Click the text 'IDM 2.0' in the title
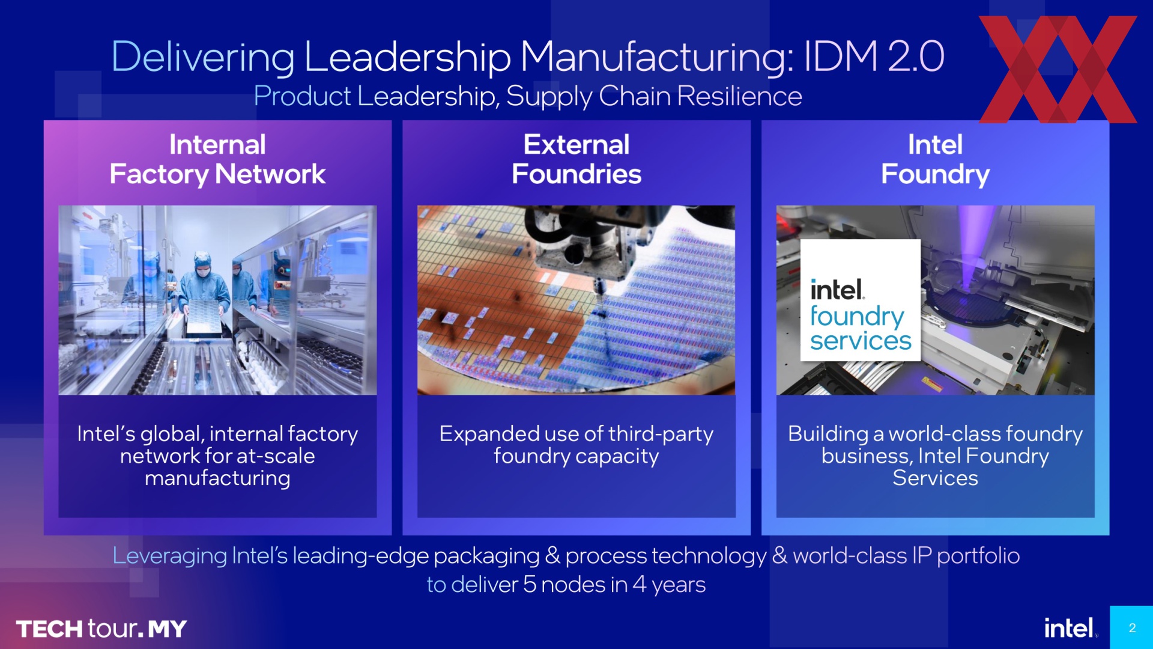[874, 56]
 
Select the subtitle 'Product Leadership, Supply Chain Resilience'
[528, 96]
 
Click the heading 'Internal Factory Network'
[217, 159]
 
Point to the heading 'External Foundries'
[576, 159]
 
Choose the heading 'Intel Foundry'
[935, 159]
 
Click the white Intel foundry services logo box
[860, 300]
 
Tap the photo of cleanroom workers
[217, 300]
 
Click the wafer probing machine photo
[576, 300]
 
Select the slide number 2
[1132, 628]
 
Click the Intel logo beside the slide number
[1070, 628]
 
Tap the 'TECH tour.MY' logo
[101, 629]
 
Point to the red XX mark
[1058, 69]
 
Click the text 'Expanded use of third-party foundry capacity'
[576, 445]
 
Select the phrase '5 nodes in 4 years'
[614, 585]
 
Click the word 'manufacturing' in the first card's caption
[217, 478]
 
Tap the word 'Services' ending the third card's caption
[935, 478]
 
